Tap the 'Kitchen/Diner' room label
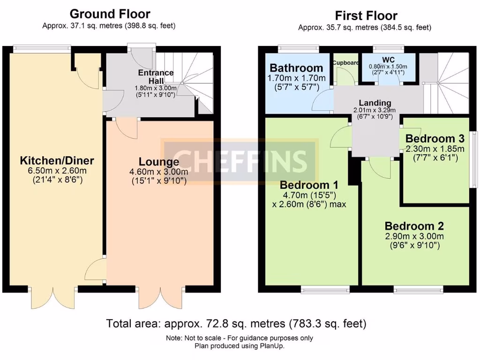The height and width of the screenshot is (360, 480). click(57, 161)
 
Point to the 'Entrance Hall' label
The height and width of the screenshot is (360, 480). click(156, 77)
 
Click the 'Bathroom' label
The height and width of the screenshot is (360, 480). click(296, 68)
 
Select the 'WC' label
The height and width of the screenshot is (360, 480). click(389, 60)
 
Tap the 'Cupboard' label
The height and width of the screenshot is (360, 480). click(345, 62)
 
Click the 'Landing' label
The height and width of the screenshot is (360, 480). click(375, 103)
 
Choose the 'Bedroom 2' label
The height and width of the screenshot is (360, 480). click(414, 225)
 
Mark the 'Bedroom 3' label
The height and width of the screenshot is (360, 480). click(435, 139)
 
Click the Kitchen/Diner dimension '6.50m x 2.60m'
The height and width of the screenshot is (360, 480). click(57, 171)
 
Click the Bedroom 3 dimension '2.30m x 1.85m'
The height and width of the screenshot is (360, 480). click(435, 149)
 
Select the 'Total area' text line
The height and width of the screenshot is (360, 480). click(236, 323)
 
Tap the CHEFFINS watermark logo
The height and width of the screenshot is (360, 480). click(240, 160)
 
